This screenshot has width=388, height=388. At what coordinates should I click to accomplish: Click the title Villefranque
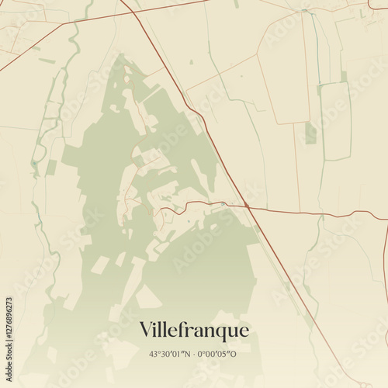point(195,330)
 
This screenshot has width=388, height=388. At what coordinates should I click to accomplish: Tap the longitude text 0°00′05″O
point(219,355)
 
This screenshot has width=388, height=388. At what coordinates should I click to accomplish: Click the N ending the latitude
point(189,355)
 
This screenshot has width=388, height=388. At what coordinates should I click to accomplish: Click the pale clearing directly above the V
point(147,297)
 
